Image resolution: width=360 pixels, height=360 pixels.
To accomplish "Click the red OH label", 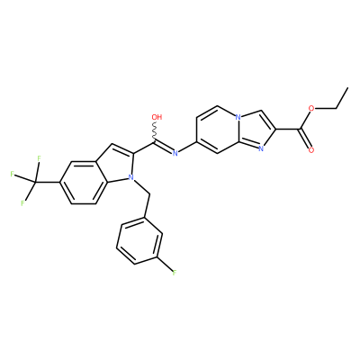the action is (x=157, y=117).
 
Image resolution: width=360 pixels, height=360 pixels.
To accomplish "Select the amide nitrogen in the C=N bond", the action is (x=175, y=153).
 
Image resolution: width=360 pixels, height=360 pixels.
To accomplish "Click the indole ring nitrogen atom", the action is (x=130, y=178).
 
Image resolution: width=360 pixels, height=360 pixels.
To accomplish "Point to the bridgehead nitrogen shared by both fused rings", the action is (x=238, y=117).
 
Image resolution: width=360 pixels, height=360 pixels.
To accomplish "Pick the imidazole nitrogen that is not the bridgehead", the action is (x=260, y=148).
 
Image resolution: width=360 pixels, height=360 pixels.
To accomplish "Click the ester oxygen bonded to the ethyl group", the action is (x=311, y=108).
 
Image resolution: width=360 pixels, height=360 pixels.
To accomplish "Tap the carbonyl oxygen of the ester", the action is (x=311, y=150).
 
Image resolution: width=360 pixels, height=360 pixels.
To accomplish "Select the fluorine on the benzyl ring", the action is (x=175, y=273).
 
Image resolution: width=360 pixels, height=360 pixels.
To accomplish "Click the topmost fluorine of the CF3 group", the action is (x=39, y=157).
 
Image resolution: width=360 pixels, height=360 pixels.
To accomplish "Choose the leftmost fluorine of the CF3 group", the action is (x=12, y=174).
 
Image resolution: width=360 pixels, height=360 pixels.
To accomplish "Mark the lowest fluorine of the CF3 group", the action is (x=22, y=203).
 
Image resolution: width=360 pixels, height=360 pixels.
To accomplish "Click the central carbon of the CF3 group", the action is (x=35, y=182).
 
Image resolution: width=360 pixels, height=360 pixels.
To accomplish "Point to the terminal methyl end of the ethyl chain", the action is (x=348, y=87).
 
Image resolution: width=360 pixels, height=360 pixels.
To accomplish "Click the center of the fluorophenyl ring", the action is (x=139, y=241).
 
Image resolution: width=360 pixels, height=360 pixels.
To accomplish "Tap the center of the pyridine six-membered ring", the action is (x=218, y=130).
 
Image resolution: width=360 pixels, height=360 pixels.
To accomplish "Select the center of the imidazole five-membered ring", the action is (x=255, y=129).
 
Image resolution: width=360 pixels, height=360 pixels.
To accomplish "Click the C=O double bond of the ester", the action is (x=305, y=139).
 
